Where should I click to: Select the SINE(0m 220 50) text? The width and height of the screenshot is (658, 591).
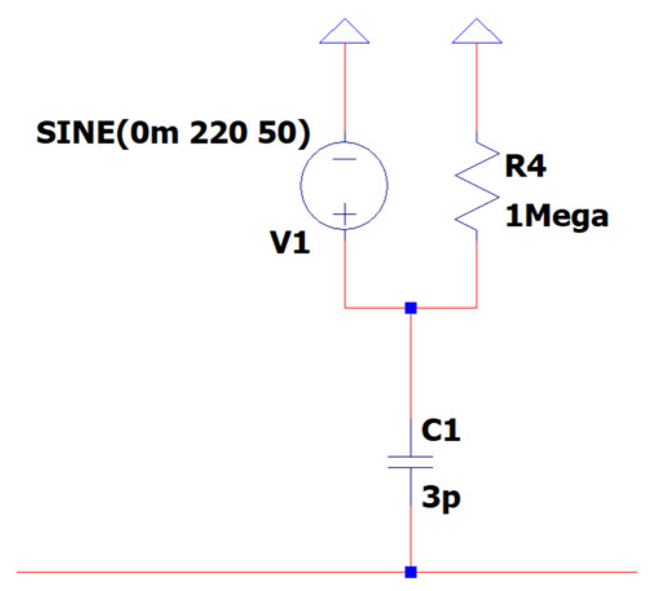pos(173,134)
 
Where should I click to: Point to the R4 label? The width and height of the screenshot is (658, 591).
pos(525,167)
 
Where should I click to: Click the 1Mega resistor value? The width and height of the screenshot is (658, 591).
pos(557,217)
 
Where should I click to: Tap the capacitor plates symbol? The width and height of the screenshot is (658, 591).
pos(410,462)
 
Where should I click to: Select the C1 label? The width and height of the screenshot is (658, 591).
pos(441,431)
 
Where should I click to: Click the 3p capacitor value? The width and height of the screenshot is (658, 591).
pos(443,498)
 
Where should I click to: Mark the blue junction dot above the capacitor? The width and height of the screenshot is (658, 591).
pos(410,308)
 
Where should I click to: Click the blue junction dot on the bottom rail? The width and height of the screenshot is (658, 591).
pos(410,572)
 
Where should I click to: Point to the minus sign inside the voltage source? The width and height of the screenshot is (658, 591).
pos(345,159)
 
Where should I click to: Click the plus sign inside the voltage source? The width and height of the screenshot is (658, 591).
pos(345,214)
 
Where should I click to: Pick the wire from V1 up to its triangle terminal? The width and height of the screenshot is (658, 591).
pos(345,91)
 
